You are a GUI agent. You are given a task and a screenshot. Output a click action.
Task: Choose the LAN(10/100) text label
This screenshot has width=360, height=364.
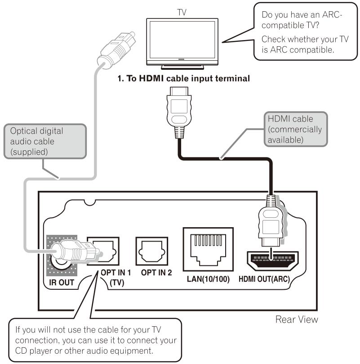[208, 279]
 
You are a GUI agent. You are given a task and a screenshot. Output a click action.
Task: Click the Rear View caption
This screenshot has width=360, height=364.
[297, 319]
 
